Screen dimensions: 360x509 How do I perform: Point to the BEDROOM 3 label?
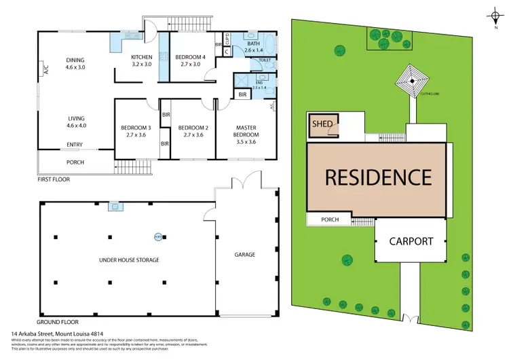[x=136, y=130]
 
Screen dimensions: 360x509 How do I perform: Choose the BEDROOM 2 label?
[x=191, y=130]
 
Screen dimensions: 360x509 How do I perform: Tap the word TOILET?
[x=259, y=60]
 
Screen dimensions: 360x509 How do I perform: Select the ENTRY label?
[x=75, y=145]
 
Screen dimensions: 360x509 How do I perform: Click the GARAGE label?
[x=245, y=255]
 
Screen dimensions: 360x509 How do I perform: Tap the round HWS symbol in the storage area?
[x=158, y=237]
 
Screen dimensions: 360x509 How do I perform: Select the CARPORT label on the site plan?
[x=411, y=241]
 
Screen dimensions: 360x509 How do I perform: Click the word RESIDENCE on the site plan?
[x=378, y=177]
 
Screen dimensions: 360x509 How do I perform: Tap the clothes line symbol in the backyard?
[x=410, y=81]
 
